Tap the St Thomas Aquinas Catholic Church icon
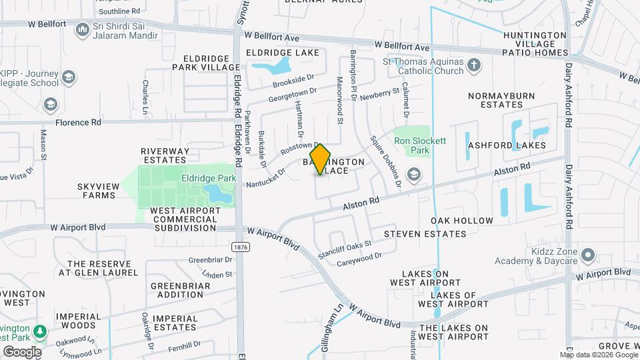coord(474,65)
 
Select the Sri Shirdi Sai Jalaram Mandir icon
coord(83,29)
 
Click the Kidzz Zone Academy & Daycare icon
coord(587,255)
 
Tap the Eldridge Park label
coord(207,179)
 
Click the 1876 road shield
coord(241,247)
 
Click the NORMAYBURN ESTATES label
coord(501,100)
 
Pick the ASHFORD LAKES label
coord(507,145)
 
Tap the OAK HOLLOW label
coord(462,221)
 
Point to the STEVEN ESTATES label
coord(425,234)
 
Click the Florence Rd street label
coord(78,123)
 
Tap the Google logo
coord(22,351)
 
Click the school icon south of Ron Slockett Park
coord(414,175)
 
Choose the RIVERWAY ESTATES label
coord(163,155)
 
